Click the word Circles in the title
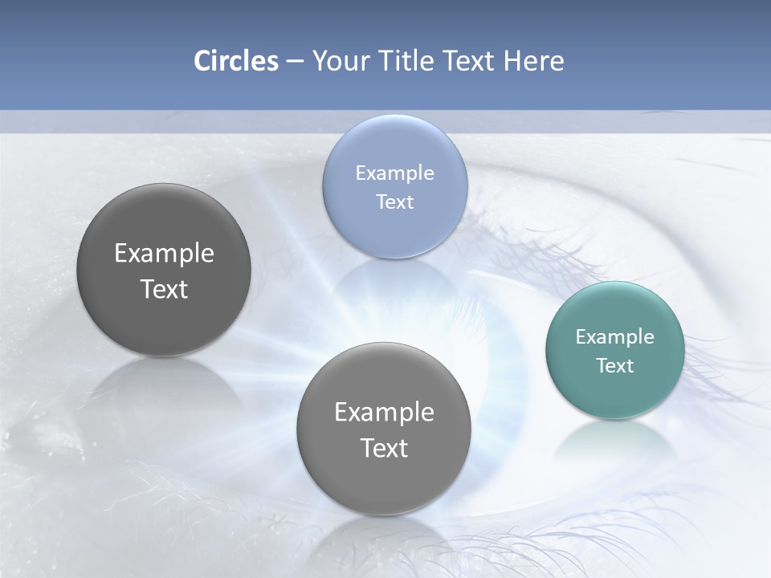tap(235, 61)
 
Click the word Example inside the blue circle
tap(394, 173)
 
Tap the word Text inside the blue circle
tap(394, 201)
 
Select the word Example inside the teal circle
tap(614, 336)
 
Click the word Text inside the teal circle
tap(614, 365)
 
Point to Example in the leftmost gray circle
tap(164, 253)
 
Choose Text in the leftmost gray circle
tap(164, 289)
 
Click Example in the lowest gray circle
tap(384, 412)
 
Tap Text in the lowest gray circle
tap(384, 448)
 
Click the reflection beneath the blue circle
tap(394, 281)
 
